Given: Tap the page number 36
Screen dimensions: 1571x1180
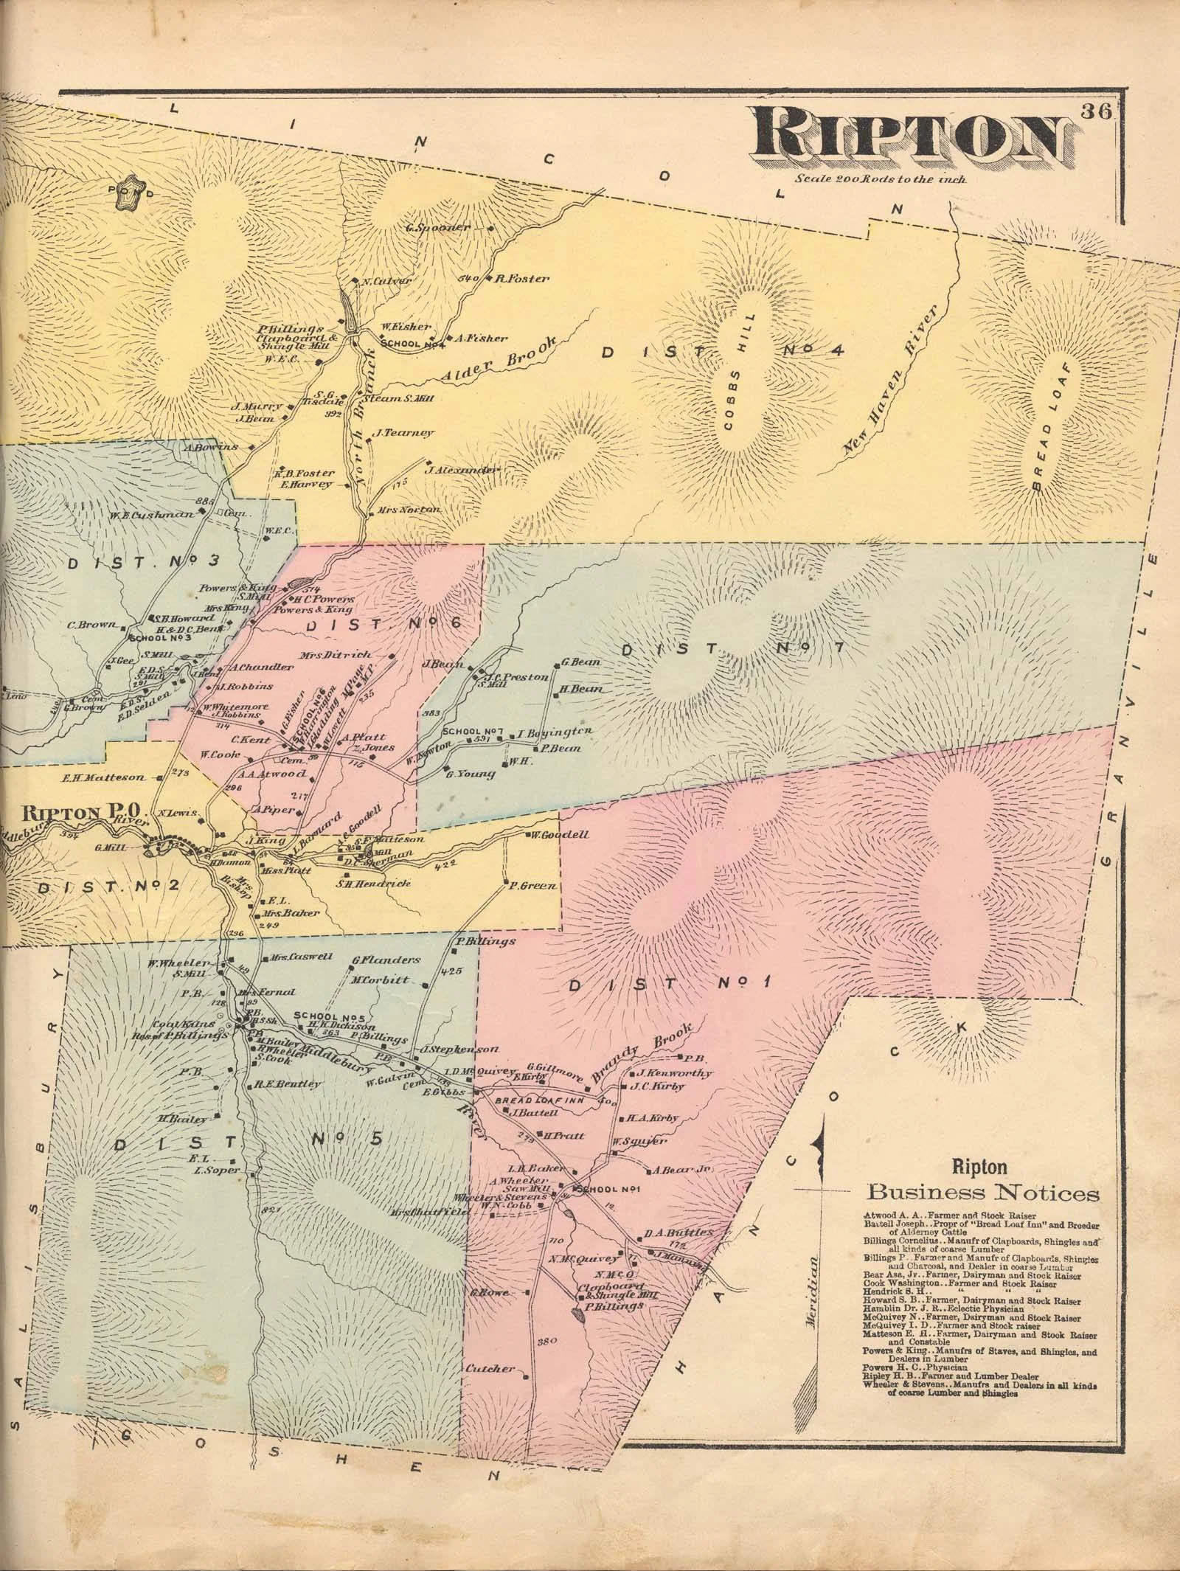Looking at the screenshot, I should tap(1100, 113).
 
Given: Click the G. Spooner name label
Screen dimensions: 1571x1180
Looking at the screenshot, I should tap(438, 227).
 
